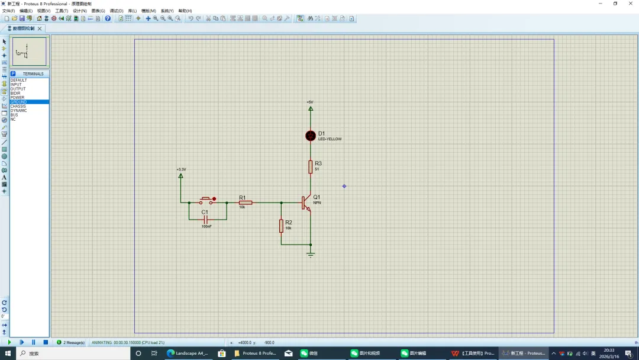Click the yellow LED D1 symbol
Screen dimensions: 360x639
point(311,136)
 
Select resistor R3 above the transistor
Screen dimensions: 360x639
point(311,167)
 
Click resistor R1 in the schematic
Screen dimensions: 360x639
point(246,202)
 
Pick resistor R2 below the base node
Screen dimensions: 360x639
point(281,226)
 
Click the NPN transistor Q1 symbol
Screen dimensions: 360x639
point(306,202)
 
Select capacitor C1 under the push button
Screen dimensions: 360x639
point(206,219)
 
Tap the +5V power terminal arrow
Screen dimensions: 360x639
point(311,108)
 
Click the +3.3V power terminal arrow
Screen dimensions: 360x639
point(181,175)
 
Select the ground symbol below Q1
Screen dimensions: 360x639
point(311,254)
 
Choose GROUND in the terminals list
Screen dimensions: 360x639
point(18,102)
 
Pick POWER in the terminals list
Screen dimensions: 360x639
point(17,98)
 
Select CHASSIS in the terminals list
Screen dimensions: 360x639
point(18,106)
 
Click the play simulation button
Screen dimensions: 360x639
point(9,342)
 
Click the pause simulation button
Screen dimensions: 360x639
point(33,342)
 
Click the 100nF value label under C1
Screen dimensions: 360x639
point(206,226)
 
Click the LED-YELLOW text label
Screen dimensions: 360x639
point(330,139)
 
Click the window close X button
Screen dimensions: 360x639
point(630,4)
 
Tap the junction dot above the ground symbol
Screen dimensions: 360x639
point(311,245)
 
